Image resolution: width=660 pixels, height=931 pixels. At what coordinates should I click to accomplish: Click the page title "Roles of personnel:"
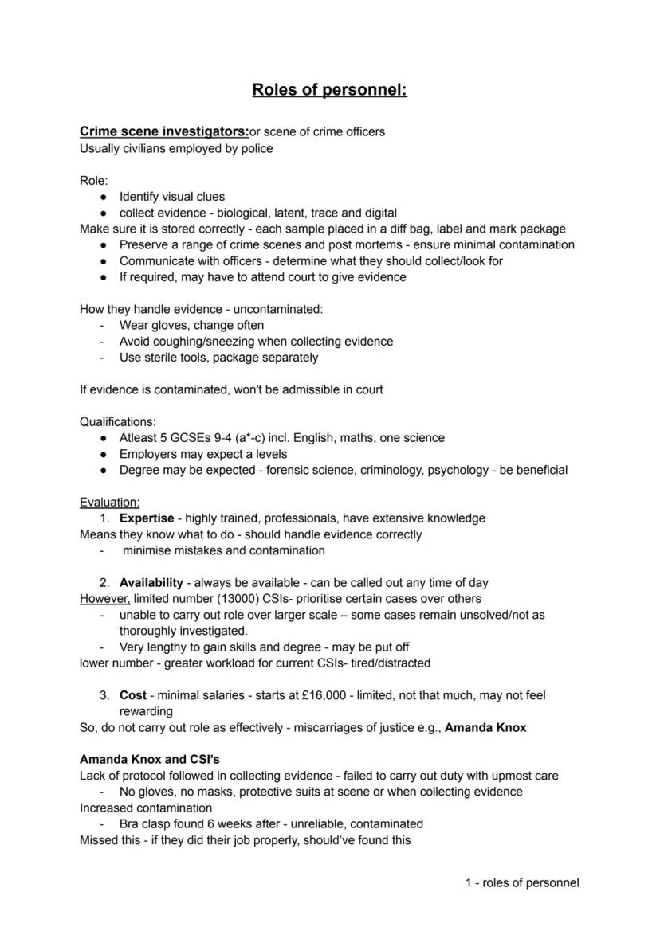pyautogui.click(x=329, y=89)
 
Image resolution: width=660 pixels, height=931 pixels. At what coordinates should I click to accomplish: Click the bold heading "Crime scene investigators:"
pyautogui.click(x=164, y=131)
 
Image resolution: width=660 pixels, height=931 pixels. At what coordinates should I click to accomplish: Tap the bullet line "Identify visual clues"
pyautogui.click(x=172, y=197)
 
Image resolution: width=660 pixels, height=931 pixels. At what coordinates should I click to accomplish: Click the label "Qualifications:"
pyautogui.click(x=118, y=421)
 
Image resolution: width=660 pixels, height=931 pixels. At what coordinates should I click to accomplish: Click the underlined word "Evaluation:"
pyautogui.click(x=109, y=502)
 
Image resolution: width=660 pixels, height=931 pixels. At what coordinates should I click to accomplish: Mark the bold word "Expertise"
pyautogui.click(x=147, y=518)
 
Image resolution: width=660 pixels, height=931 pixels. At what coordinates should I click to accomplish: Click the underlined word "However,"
pyautogui.click(x=104, y=598)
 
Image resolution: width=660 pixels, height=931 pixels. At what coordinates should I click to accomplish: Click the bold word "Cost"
pyautogui.click(x=133, y=695)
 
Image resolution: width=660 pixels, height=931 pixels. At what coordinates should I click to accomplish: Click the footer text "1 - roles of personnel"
pyautogui.click(x=522, y=882)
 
